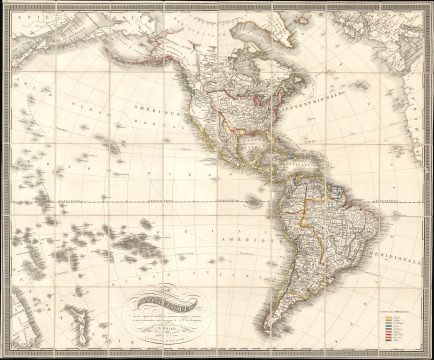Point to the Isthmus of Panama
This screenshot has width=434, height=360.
(270, 180)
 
